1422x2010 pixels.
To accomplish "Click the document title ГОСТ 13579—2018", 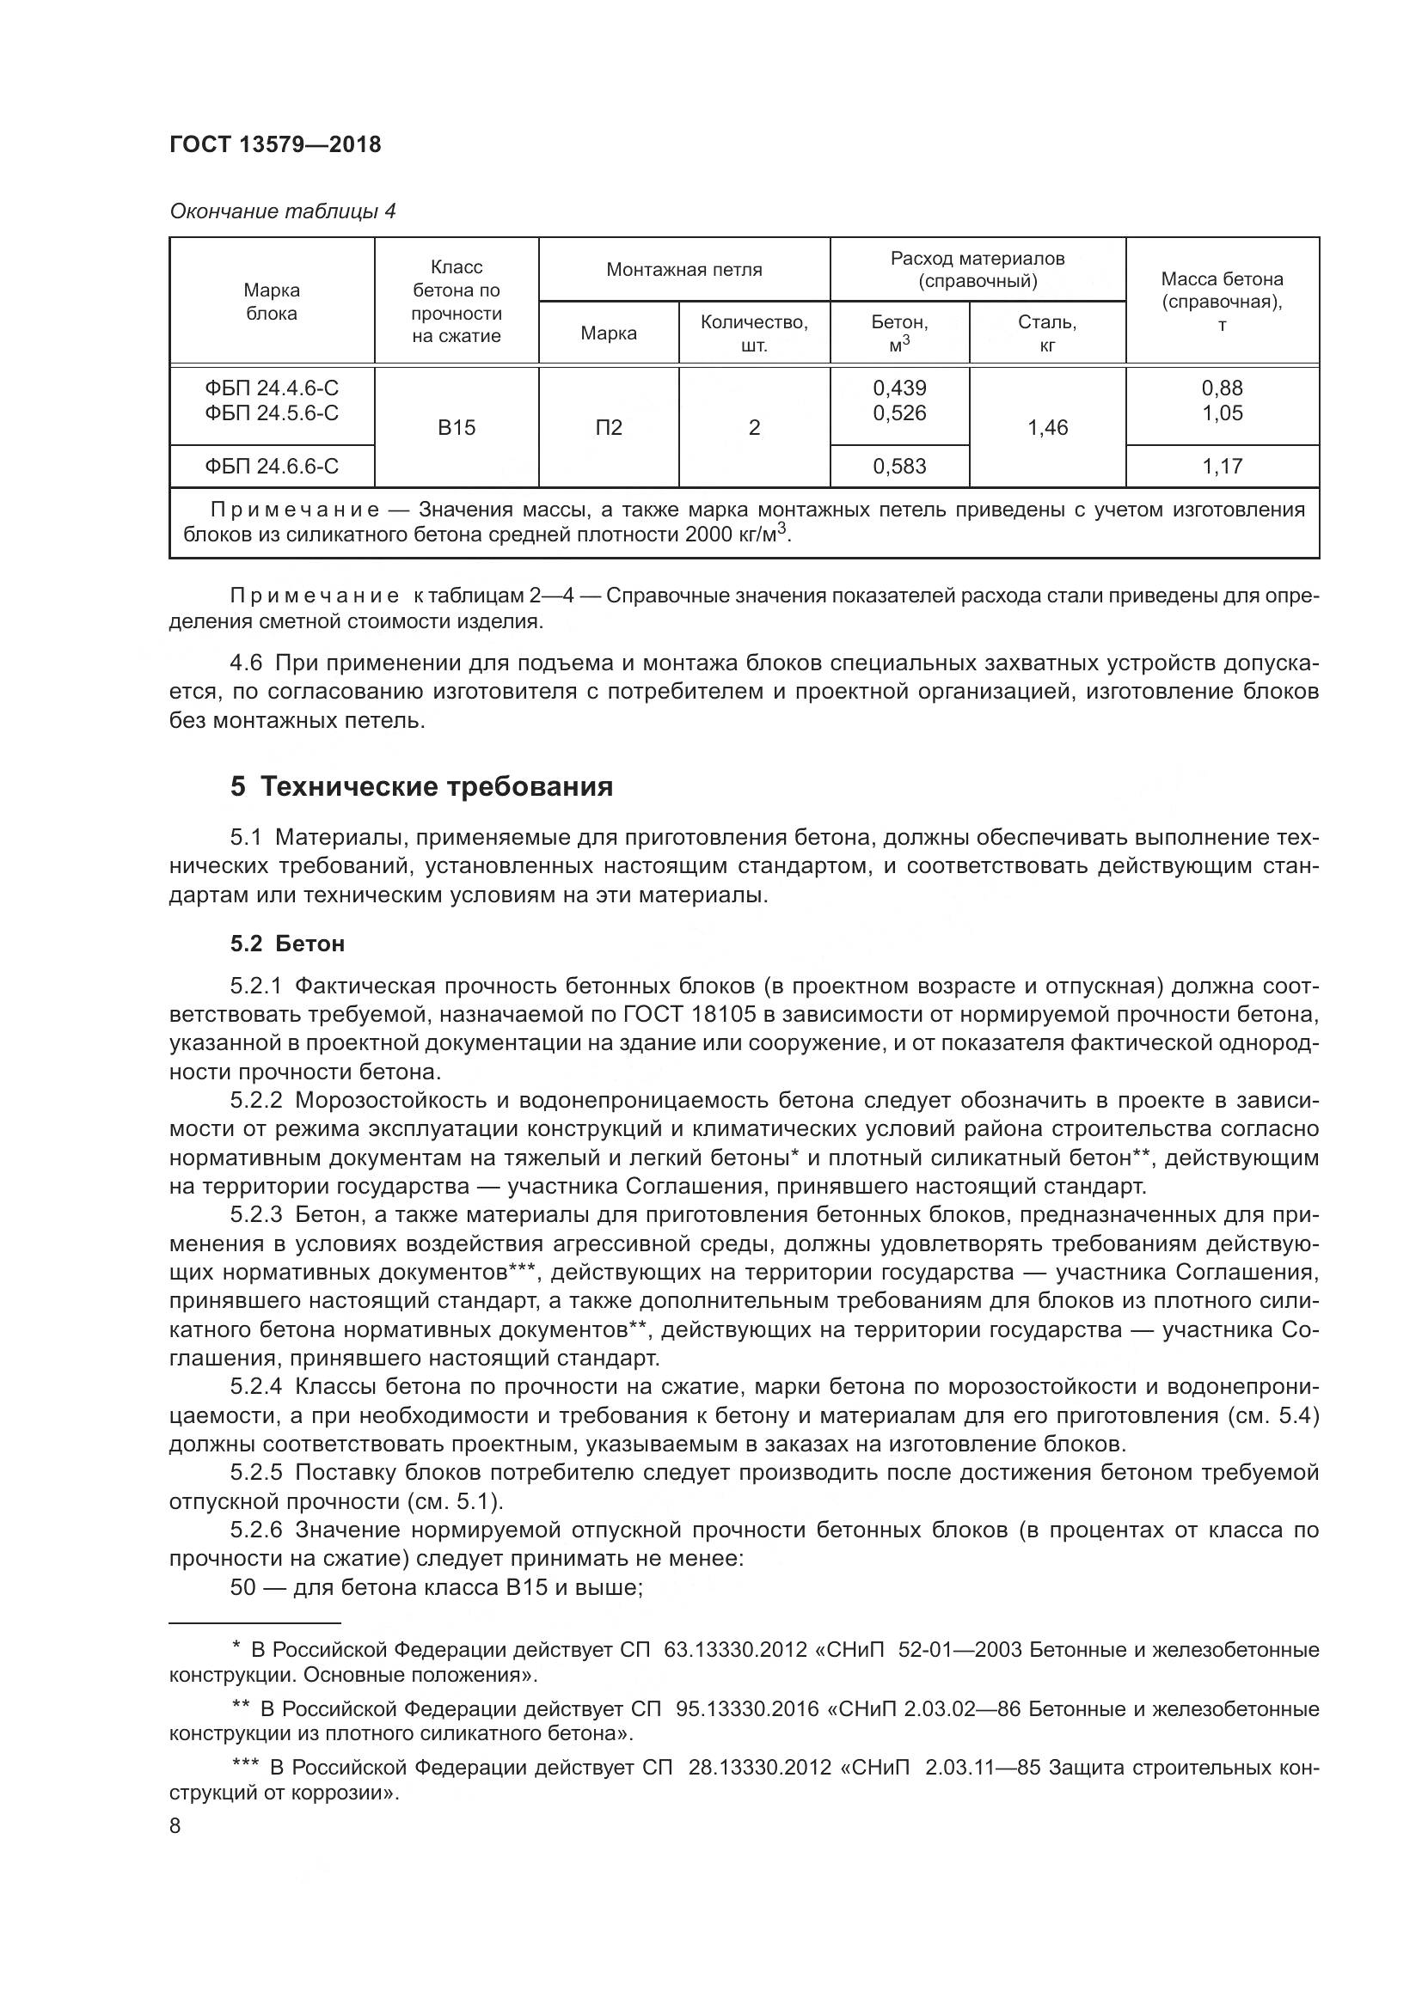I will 275,145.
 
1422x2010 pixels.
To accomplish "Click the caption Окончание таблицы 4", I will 282,212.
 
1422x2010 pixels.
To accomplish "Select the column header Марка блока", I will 272,301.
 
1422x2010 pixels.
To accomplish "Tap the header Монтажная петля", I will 683,270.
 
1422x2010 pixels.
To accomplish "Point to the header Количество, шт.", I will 754,333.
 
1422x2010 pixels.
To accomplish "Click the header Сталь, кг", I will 1047,333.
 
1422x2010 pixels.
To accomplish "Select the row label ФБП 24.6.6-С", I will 272,467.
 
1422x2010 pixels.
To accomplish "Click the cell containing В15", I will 457,427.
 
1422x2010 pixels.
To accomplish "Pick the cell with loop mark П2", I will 609,427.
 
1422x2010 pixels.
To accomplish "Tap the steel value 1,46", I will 1047,427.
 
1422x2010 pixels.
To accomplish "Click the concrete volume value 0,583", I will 899,467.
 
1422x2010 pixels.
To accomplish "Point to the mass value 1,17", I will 1223,467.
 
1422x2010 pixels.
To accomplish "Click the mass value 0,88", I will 1223,388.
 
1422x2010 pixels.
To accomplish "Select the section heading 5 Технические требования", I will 421,787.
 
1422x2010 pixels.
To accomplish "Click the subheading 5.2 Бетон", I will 287,944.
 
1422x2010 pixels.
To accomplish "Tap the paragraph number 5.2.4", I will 255,1387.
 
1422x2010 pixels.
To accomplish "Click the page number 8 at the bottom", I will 175,1826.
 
